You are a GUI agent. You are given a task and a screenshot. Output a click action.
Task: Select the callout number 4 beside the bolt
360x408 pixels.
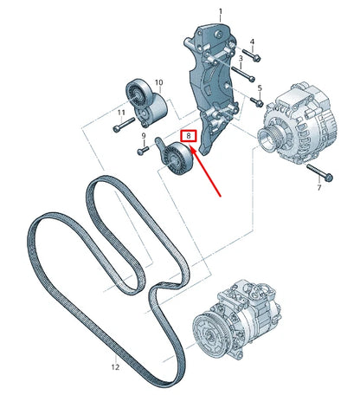252,42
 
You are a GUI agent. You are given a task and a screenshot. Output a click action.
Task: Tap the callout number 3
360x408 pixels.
241,58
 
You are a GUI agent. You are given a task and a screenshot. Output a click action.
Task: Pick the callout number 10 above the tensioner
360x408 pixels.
158,83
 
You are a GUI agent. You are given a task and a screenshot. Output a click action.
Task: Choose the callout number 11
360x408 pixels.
121,113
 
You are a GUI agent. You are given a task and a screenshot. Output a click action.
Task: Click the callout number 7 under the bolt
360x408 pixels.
318,186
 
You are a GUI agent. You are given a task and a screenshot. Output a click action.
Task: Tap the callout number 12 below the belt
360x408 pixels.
113,367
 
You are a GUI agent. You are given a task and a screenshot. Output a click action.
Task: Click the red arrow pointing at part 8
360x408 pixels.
208,169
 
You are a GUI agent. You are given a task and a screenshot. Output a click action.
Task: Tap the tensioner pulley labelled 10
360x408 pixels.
140,96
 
